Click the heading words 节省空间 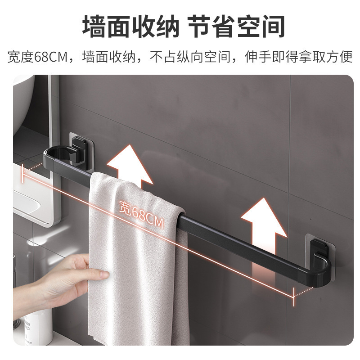point(237,27)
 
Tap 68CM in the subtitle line point(50,57)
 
